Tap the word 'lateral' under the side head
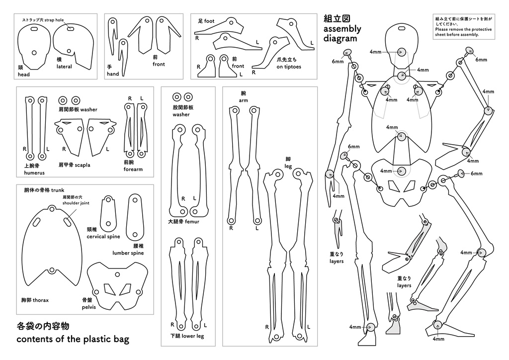64,67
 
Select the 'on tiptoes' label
289,67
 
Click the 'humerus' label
34,173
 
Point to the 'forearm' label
133,169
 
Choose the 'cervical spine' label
103,237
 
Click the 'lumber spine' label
128,253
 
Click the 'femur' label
192,222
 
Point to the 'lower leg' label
193,336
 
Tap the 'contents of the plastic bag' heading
73,340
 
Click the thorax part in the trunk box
50,249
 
